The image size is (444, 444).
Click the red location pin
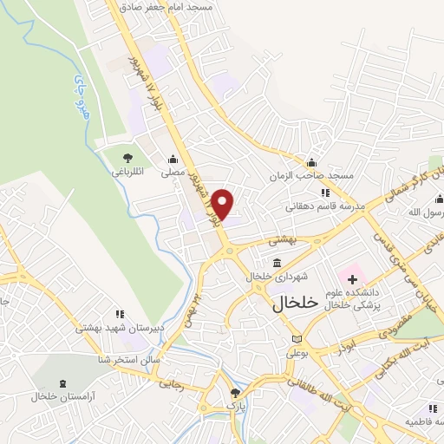[224, 205]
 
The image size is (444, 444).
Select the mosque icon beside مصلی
[173, 159]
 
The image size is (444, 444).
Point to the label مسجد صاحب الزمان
[312, 175]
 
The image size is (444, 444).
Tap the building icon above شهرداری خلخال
[276, 263]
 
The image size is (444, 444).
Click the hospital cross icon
[352, 278]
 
